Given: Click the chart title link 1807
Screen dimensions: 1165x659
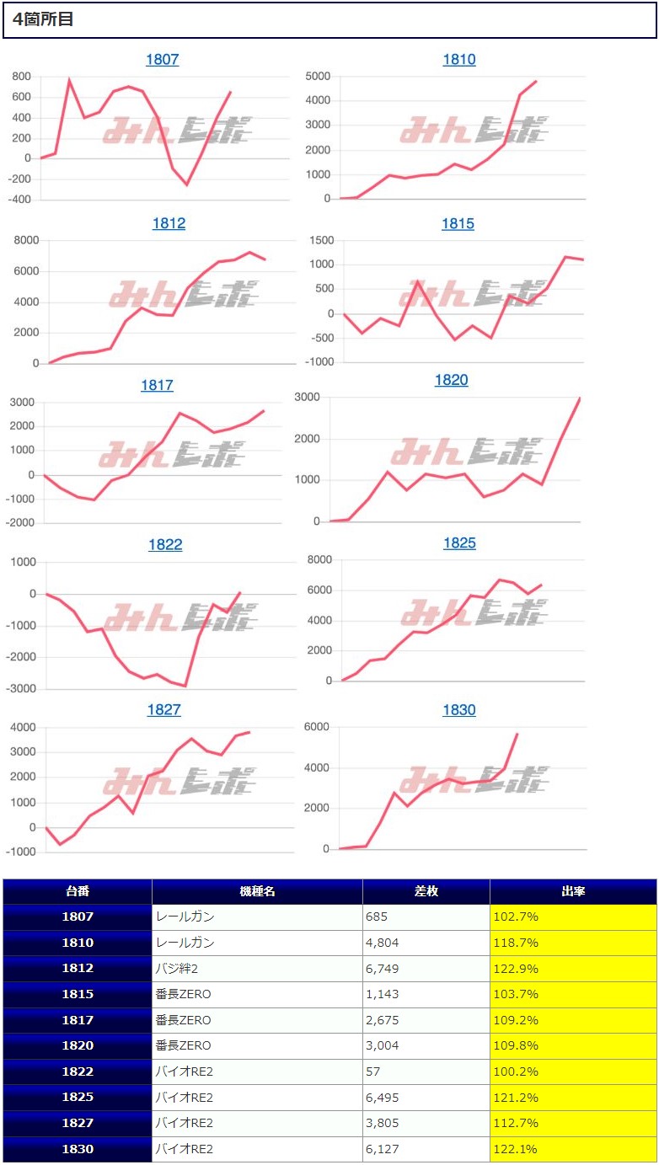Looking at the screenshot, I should coord(162,60).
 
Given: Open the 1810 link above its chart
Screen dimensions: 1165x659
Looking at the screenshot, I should coord(458,60).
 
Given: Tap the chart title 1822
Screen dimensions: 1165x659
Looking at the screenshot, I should coord(165,545).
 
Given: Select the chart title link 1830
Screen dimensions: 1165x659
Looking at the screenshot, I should coord(458,710).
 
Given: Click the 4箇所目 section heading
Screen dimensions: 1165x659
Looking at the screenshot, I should coord(43,19).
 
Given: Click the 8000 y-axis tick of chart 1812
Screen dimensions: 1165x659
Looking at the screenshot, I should coord(24,240).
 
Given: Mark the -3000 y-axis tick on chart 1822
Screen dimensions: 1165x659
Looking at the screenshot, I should coord(19,688).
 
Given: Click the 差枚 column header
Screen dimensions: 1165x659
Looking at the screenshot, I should coord(426,891).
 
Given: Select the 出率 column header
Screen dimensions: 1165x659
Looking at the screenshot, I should coord(573,891).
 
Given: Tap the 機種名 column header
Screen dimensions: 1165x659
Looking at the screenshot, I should coord(257,891).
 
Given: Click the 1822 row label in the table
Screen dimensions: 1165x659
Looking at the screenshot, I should coord(78,1071).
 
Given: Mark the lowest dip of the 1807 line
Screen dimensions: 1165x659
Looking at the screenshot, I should coord(187,184).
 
